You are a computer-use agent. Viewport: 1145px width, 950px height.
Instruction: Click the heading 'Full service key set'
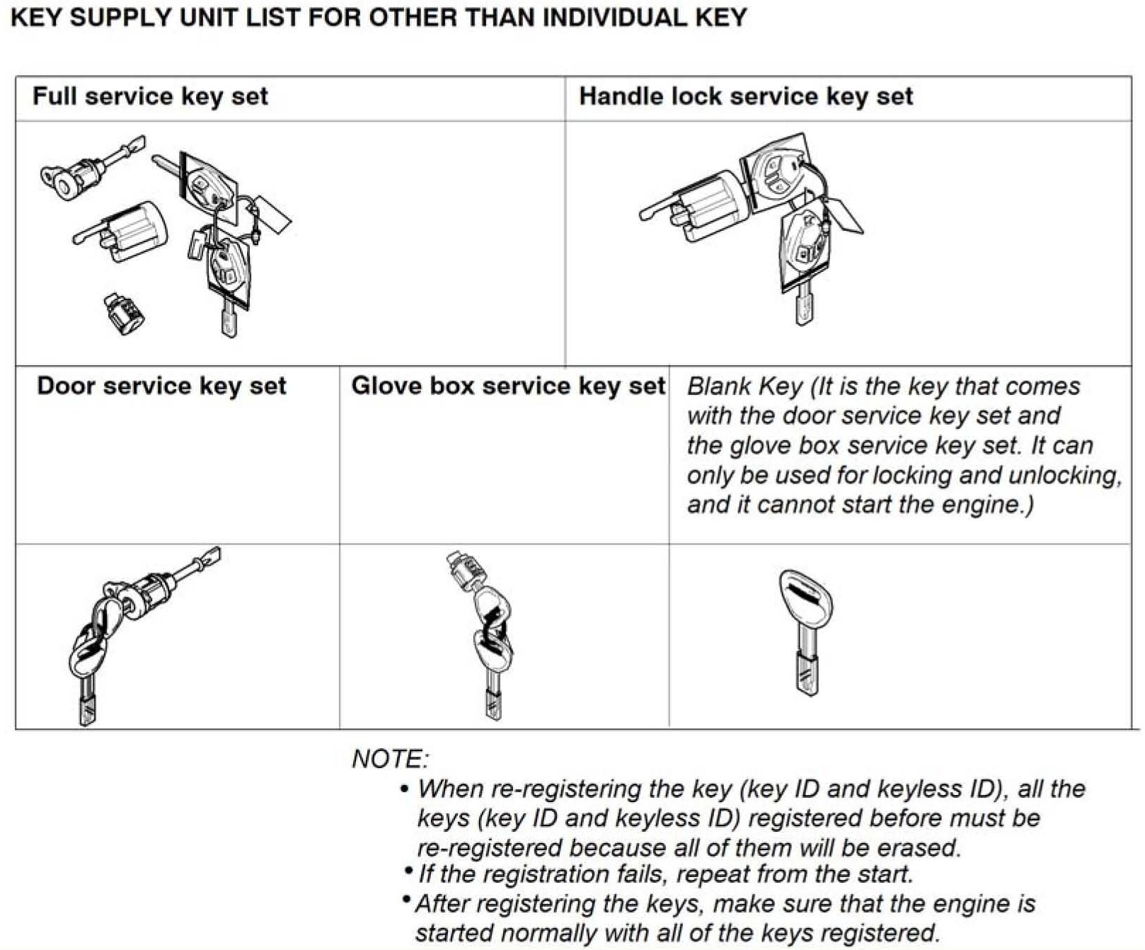(x=150, y=96)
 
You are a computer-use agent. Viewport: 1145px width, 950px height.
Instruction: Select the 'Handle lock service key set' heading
(x=746, y=96)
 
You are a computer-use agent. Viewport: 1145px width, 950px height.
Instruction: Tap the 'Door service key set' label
(x=161, y=386)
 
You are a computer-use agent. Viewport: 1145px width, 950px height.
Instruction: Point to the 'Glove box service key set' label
(x=507, y=386)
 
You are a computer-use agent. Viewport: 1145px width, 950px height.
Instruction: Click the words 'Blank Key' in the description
(x=744, y=387)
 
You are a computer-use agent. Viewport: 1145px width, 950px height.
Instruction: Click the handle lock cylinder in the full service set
(x=134, y=230)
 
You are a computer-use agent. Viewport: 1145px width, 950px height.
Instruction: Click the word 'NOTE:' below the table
(x=390, y=759)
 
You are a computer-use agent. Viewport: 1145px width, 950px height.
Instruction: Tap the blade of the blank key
(x=806, y=669)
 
